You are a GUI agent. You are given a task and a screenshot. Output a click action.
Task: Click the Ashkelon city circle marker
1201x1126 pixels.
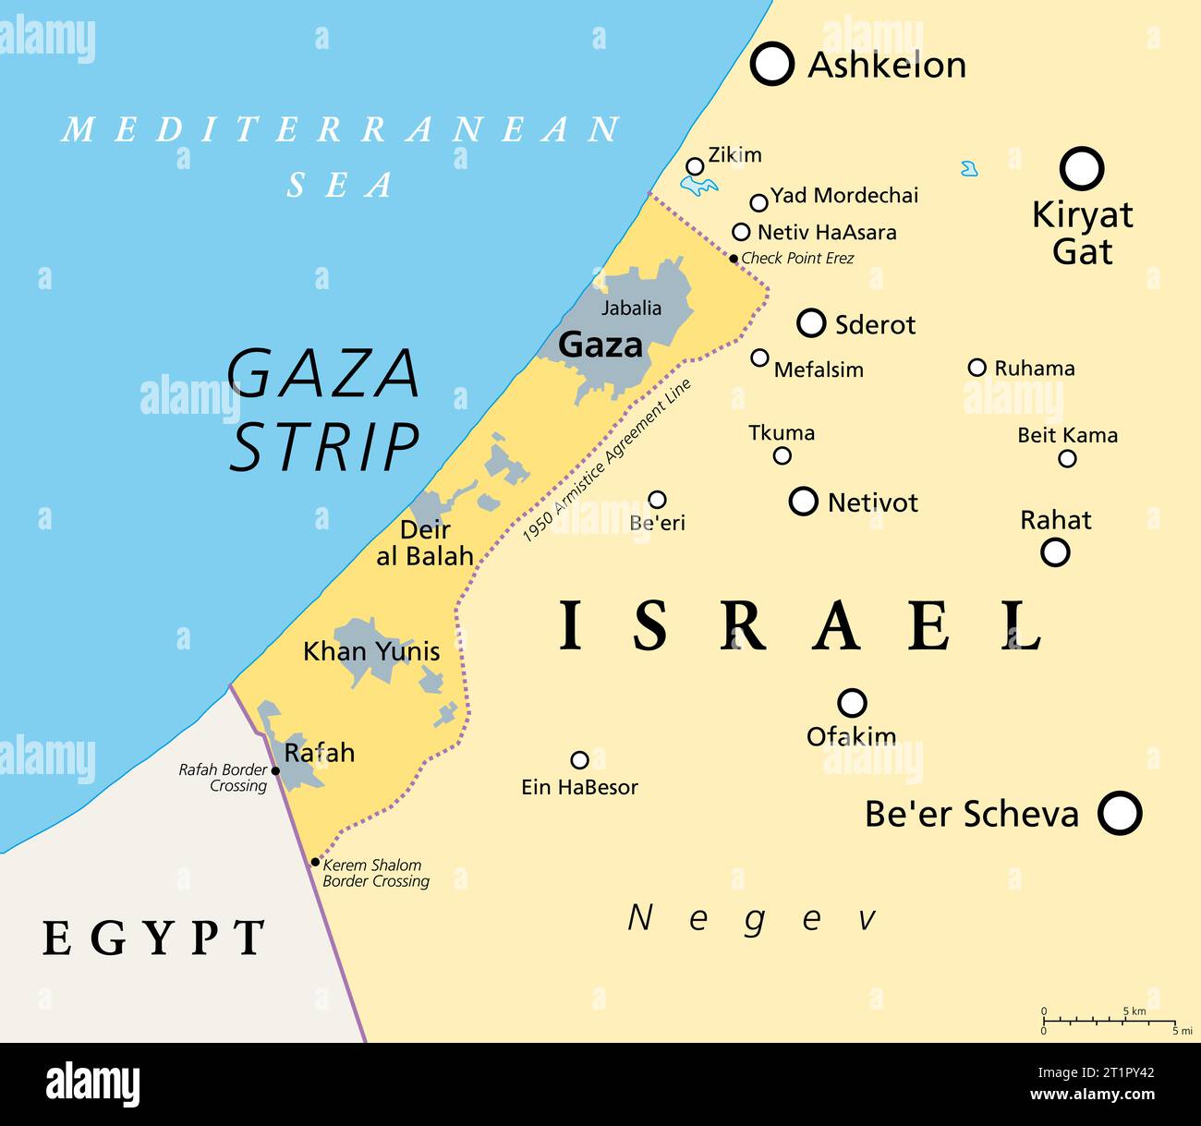(771, 64)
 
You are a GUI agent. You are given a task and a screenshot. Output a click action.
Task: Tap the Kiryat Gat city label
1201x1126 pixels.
(1082, 233)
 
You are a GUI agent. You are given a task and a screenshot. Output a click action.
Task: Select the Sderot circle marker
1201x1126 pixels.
(810, 323)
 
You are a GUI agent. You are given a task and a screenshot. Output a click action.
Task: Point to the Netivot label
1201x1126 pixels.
(872, 502)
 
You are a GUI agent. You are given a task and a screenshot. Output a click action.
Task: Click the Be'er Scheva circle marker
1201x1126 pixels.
(1119, 814)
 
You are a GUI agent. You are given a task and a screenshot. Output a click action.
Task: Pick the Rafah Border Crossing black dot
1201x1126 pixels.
(275, 770)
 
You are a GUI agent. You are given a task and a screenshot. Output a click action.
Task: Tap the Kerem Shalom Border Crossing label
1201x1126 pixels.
(375, 873)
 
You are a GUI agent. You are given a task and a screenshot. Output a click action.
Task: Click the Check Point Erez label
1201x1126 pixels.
(797, 259)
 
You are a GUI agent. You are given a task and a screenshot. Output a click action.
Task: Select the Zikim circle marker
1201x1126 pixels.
(695, 166)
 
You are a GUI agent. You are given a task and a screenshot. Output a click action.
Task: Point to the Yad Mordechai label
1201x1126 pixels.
(844, 196)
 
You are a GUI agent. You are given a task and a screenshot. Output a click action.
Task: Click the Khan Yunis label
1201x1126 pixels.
(371, 651)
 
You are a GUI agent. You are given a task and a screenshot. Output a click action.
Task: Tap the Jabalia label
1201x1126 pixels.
(632, 308)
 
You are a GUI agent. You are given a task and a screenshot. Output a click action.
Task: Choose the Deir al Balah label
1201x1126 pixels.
(425, 543)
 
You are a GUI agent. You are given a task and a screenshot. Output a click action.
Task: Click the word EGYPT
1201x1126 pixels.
(154, 938)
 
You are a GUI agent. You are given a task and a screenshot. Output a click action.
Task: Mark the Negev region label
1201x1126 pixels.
(752, 918)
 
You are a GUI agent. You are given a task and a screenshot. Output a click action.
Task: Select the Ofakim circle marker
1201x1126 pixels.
(851, 703)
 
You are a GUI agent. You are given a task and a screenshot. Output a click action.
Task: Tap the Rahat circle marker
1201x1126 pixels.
(1054, 552)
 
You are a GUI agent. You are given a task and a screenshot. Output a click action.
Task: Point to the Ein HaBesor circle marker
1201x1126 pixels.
(579, 760)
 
